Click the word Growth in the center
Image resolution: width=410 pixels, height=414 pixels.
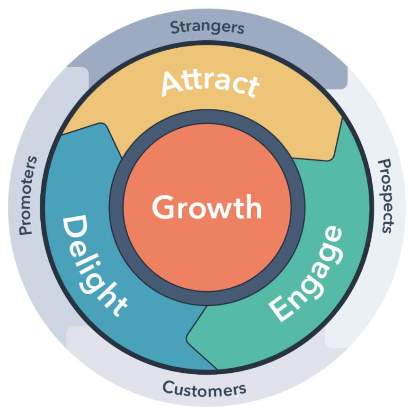click(206, 207)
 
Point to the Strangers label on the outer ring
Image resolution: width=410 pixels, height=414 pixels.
click(207, 27)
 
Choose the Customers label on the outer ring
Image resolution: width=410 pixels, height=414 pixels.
click(205, 389)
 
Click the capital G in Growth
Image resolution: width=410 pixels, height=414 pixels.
click(162, 207)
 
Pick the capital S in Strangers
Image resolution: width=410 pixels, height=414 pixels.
click(174, 27)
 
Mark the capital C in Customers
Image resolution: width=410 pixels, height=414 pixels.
click(168, 388)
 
